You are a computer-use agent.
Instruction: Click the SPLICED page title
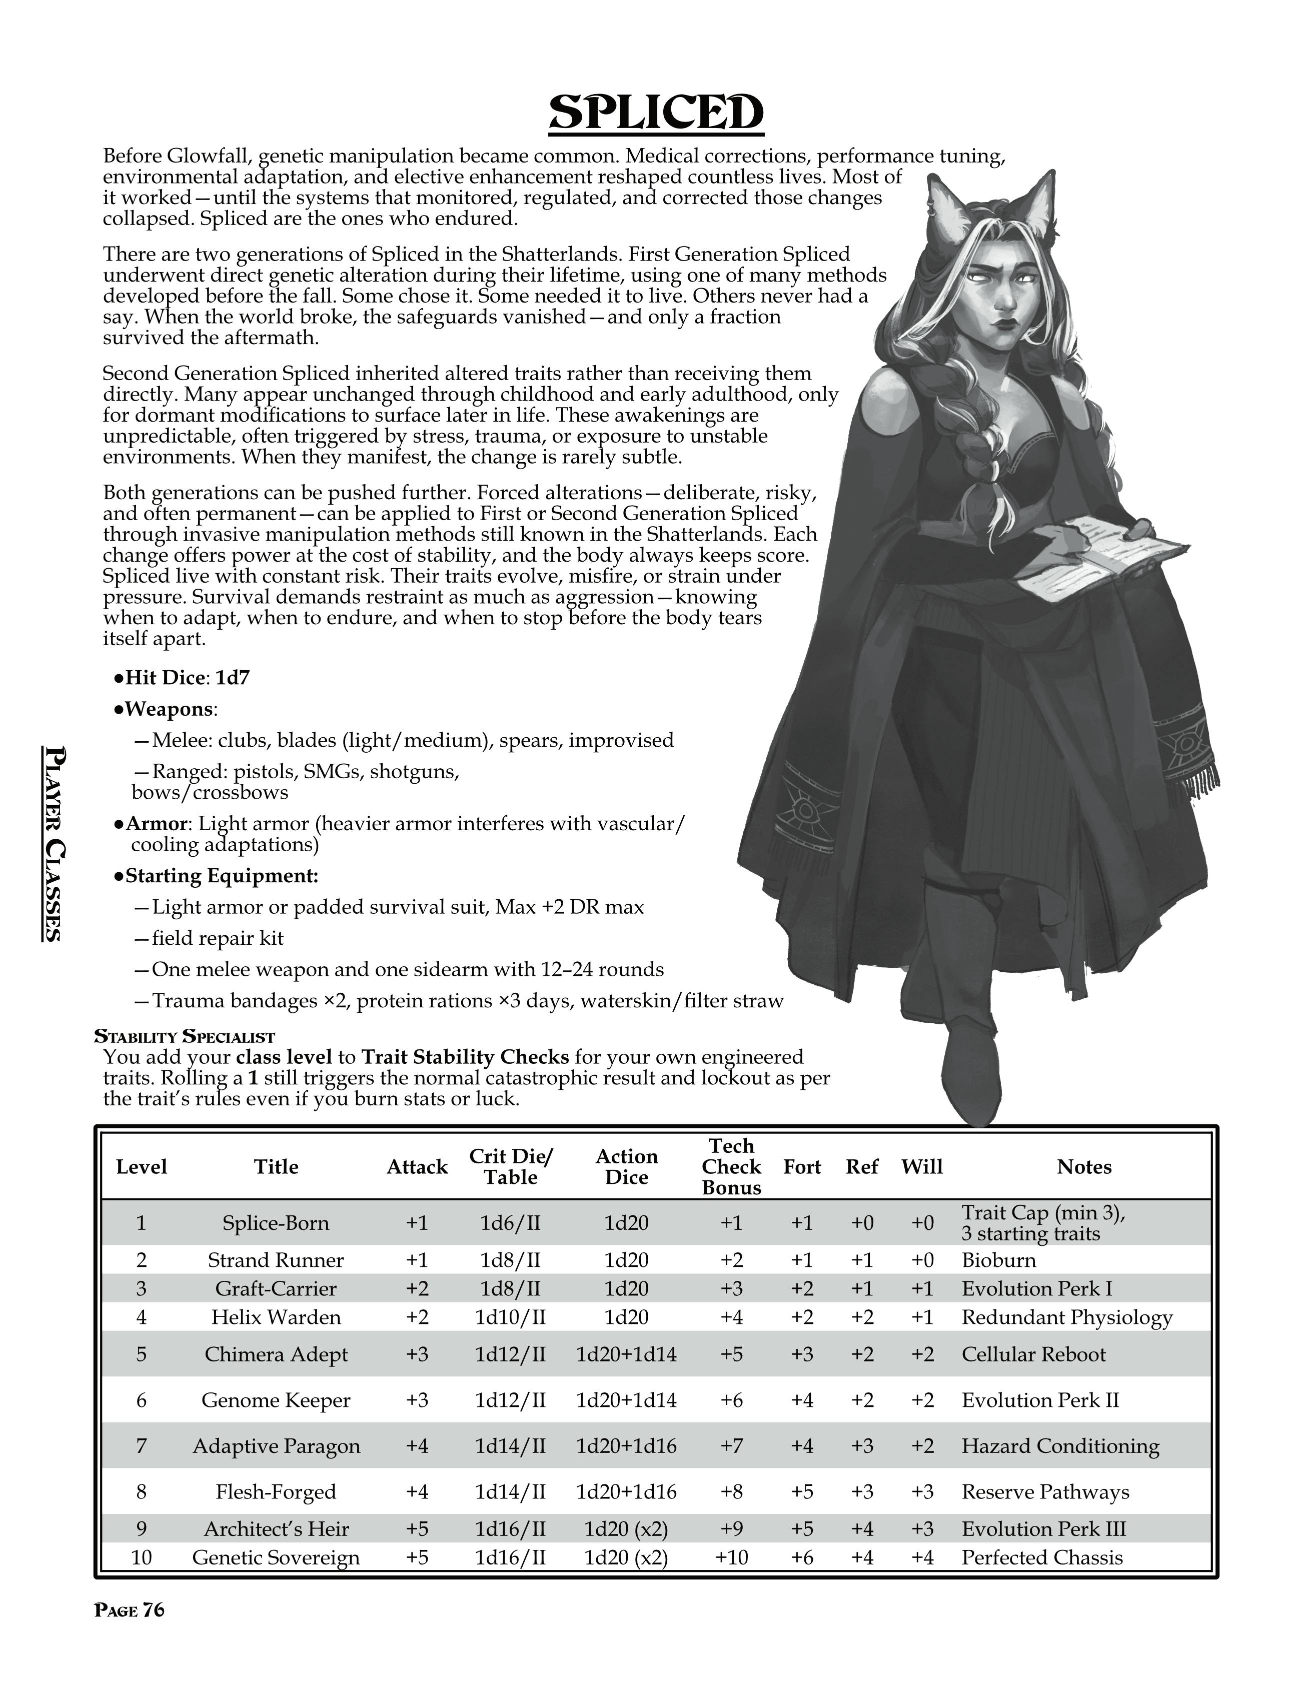[x=656, y=114]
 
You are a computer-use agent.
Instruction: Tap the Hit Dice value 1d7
[x=233, y=678]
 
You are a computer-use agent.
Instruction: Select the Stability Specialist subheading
[x=184, y=1036]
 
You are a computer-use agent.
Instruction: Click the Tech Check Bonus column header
[x=731, y=1166]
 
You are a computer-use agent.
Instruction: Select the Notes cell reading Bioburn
[x=998, y=1260]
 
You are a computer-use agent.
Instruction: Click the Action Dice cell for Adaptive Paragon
[x=626, y=1446]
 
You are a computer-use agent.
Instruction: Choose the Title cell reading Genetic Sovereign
[x=276, y=1557]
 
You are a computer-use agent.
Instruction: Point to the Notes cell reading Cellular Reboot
[x=1033, y=1354]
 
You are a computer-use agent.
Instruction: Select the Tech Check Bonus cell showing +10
[x=731, y=1557]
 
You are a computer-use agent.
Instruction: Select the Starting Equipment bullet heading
[x=221, y=876]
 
